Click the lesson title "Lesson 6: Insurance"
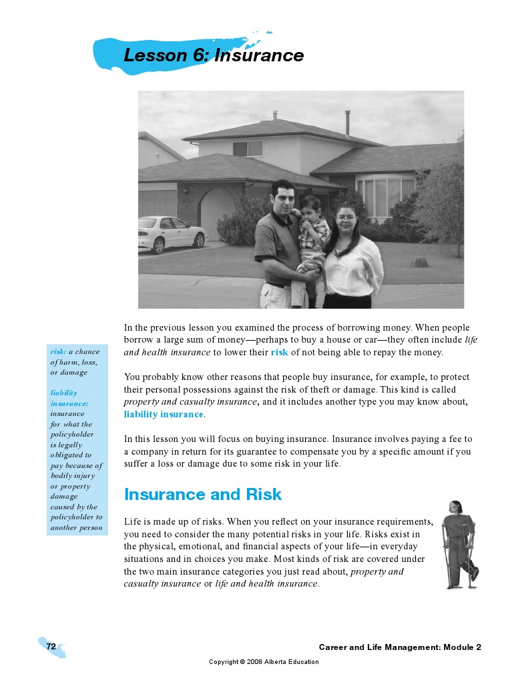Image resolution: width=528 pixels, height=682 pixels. coord(214,56)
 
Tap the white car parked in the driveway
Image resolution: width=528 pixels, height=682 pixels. coord(172,233)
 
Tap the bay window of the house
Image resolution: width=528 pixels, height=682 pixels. coord(386,197)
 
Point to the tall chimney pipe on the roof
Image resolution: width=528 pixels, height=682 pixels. coord(347,123)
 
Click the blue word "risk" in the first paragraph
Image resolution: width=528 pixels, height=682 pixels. coord(279,353)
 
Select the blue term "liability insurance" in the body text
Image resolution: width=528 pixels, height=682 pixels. coord(164,414)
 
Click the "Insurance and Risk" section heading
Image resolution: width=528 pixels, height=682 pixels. coord(203,495)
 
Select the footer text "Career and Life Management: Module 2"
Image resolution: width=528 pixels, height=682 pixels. coord(400,647)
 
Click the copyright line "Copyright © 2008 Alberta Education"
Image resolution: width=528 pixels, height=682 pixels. coord(264,662)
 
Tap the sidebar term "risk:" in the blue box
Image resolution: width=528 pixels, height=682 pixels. coord(58,352)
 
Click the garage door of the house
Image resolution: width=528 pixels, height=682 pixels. coord(156,203)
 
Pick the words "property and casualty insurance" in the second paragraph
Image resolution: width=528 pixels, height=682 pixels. coord(191,401)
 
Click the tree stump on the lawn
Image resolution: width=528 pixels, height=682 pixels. coord(420,262)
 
